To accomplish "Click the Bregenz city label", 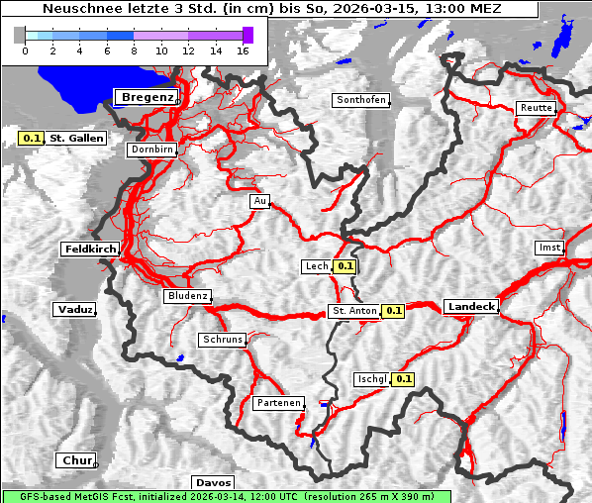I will pyautogui.click(x=148, y=97).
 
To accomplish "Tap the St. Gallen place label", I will pyautogui.click(x=76, y=139).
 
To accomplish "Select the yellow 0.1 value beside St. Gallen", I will pyautogui.click(x=32, y=139).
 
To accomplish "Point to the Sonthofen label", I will pyautogui.click(x=361, y=100).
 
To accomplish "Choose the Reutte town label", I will pyautogui.click(x=536, y=108).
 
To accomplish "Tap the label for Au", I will pyautogui.click(x=259, y=201).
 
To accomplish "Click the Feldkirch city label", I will pyautogui.click(x=90, y=250).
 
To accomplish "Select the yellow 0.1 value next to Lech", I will pyautogui.click(x=345, y=266).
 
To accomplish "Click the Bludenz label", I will pyautogui.click(x=187, y=296).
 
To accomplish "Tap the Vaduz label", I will pyautogui.click(x=75, y=310).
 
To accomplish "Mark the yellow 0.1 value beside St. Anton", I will pyautogui.click(x=394, y=311).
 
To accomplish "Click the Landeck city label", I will pyautogui.click(x=471, y=307).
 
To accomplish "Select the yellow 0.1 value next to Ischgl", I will pyautogui.click(x=404, y=379).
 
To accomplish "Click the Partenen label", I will pyautogui.click(x=277, y=403).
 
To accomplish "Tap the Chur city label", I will pyautogui.click(x=75, y=460).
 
